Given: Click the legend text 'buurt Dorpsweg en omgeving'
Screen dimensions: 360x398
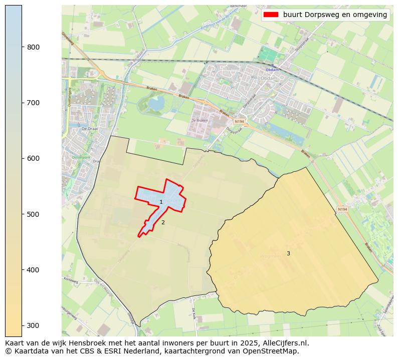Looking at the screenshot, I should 335,15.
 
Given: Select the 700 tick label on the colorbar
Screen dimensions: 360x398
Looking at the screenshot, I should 33,103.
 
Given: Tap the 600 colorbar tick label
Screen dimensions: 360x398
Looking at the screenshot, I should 33,158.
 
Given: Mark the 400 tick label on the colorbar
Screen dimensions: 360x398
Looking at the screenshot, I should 33,270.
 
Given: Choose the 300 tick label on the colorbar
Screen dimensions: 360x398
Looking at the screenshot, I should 33,325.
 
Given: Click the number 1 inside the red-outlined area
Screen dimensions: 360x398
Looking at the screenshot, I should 161,202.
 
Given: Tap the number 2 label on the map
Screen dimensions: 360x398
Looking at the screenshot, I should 163,222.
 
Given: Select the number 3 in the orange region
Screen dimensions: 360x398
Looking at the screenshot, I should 288,254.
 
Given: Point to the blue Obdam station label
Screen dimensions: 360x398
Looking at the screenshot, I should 272,70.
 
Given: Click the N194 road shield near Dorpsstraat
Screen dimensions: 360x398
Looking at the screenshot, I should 239,122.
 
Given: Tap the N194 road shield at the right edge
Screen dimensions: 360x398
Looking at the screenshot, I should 342,209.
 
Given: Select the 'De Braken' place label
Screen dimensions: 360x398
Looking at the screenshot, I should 199,121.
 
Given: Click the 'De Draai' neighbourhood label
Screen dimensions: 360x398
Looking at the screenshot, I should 88,129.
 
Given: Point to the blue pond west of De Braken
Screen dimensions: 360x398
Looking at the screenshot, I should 155,104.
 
